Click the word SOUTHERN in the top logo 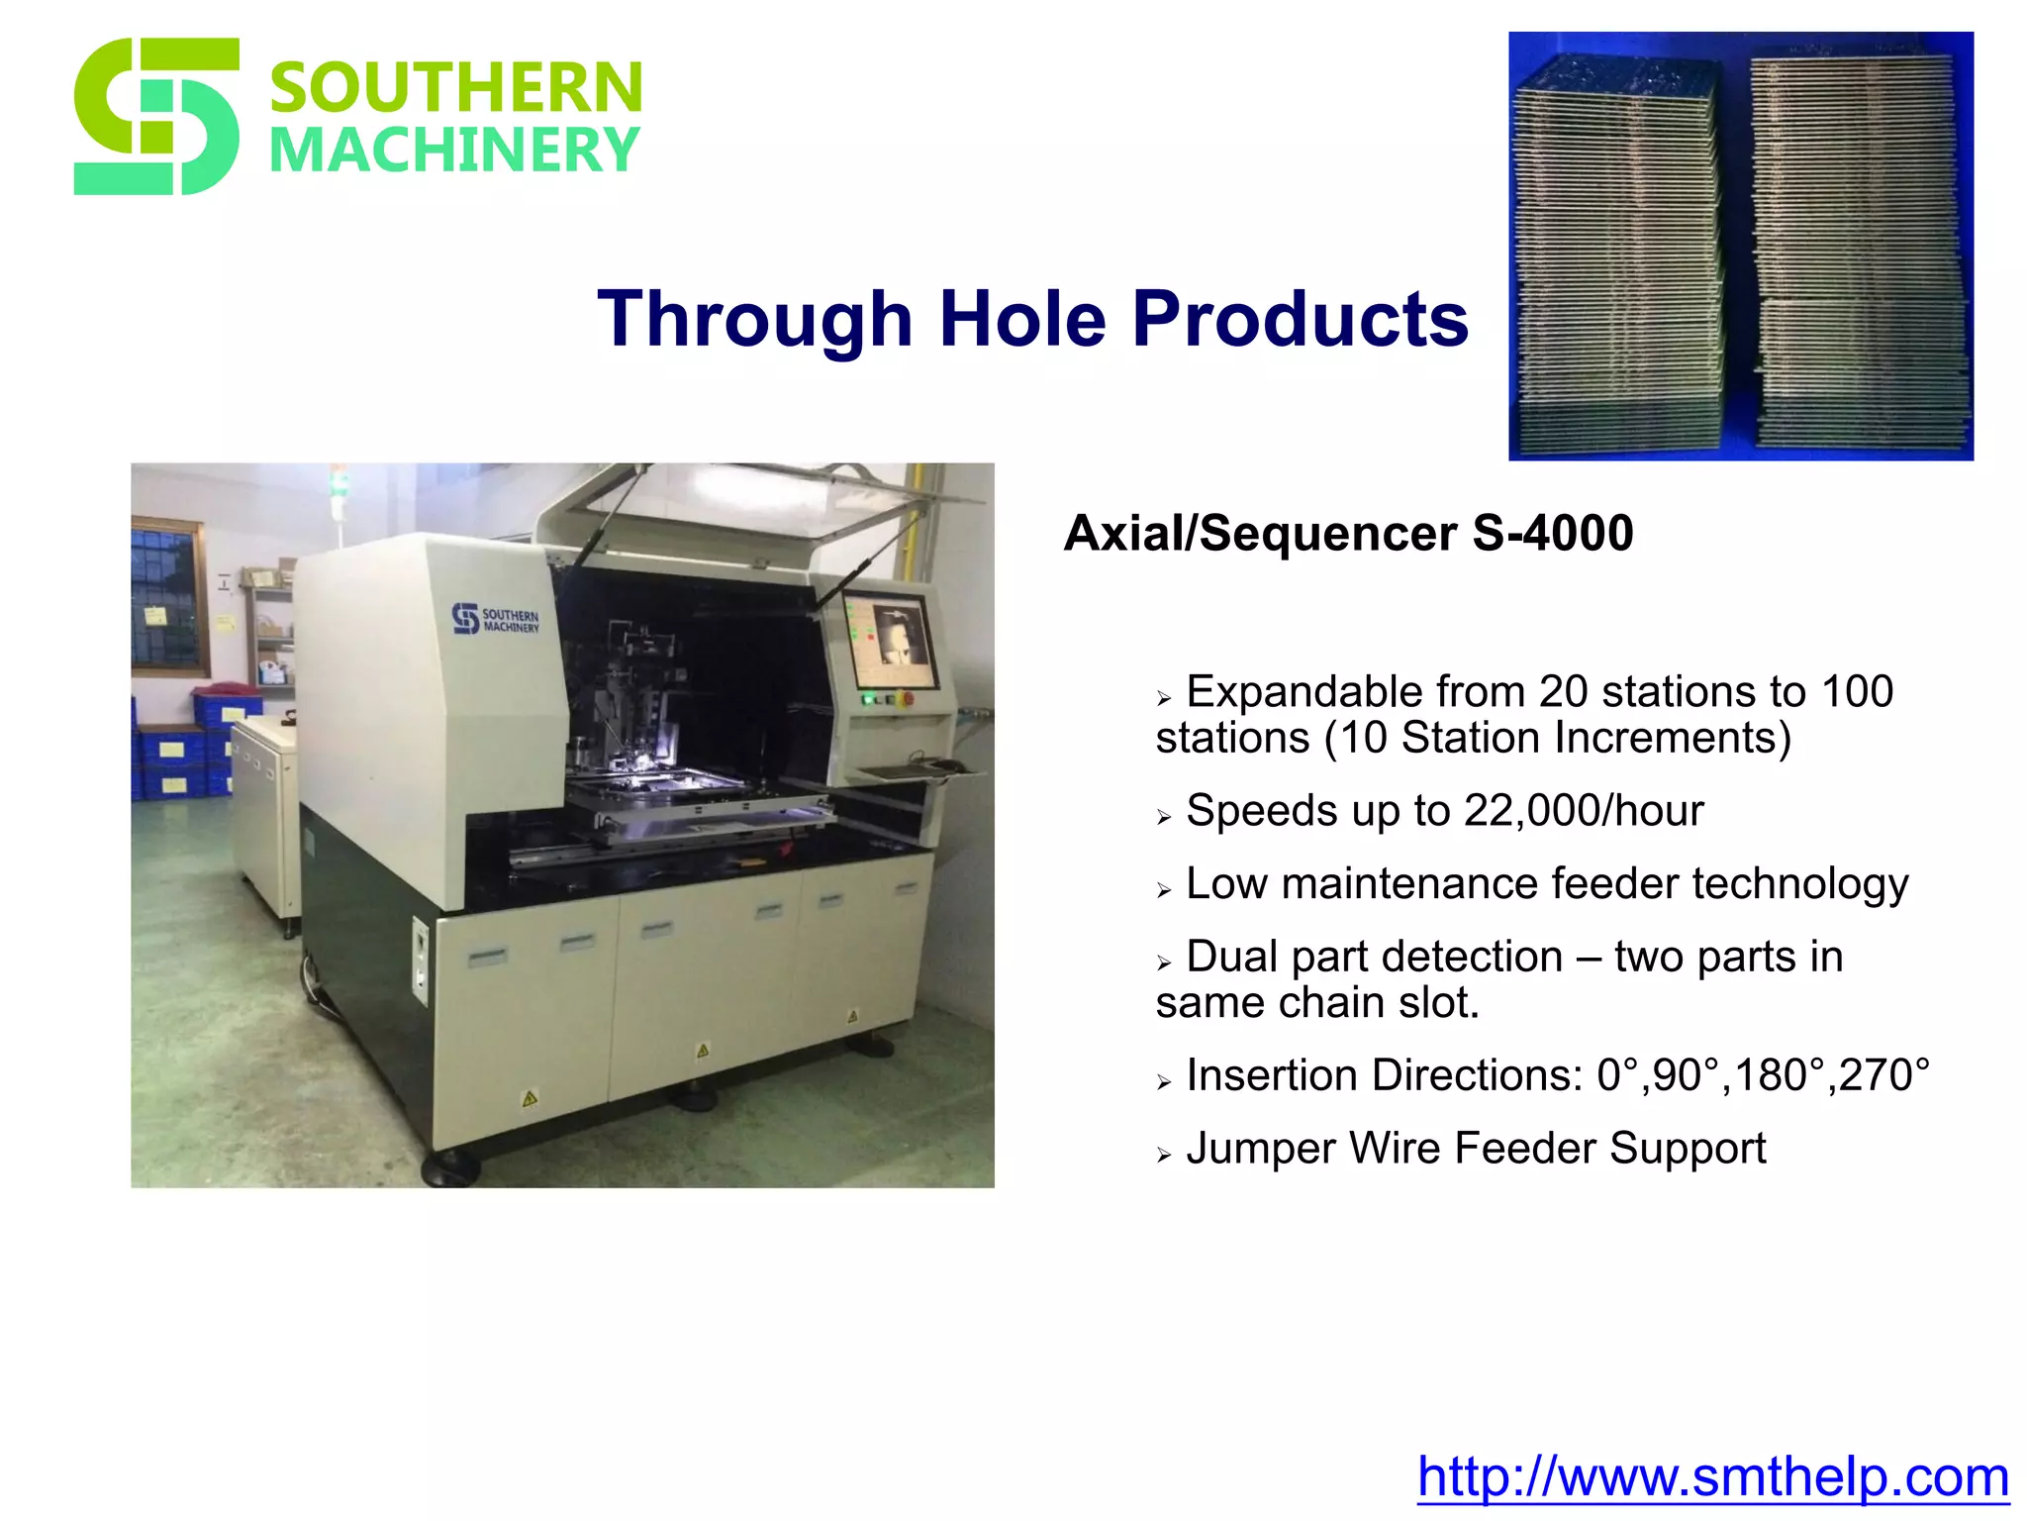coord(456,88)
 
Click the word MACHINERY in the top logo coord(454,151)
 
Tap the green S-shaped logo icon coord(156,116)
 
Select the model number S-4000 coord(1552,534)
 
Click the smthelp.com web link coord(1712,1476)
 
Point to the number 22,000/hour coord(1584,811)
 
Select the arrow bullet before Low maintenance coord(1164,890)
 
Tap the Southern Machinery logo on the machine coord(496,620)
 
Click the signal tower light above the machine coord(339,485)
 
